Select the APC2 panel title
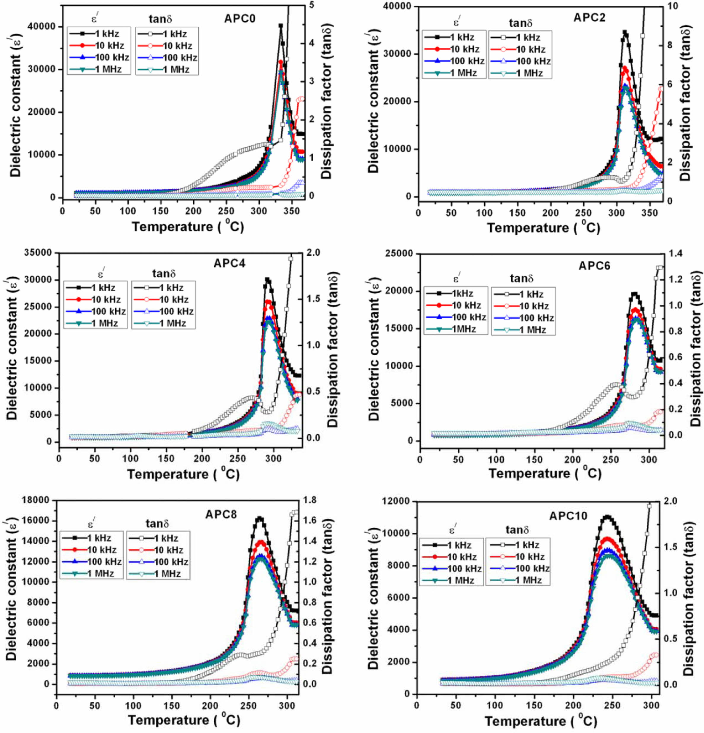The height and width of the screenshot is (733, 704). pyautogui.click(x=590, y=17)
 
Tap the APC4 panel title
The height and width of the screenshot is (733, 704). pyautogui.click(x=229, y=263)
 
